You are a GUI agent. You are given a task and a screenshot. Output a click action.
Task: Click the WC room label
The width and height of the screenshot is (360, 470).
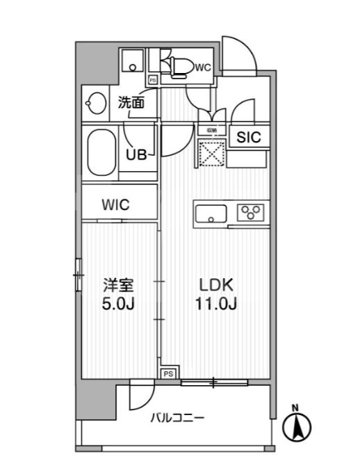click(x=203, y=67)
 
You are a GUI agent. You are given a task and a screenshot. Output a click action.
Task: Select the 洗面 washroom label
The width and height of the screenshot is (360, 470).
click(x=131, y=102)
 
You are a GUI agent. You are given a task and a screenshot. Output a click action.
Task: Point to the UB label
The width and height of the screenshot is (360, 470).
click(x=136, y=155)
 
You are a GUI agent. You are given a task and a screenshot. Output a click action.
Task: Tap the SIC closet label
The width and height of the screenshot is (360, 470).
click(x=248, y=138)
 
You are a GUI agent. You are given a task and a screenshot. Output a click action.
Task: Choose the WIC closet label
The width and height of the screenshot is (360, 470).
click(x=116, y=205)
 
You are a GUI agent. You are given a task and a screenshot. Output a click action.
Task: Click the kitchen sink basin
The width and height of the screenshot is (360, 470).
click(x=210, y=213)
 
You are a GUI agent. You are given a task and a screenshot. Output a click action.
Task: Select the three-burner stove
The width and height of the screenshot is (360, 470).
click(x=249, y=212)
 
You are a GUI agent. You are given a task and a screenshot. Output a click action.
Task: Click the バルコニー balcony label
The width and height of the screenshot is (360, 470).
click(x=177, y=418)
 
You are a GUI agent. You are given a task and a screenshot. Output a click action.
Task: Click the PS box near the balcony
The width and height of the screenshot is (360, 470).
click(x=167, y=374)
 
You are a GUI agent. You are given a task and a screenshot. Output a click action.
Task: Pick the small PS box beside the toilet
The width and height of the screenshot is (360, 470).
click(x=152, y=80)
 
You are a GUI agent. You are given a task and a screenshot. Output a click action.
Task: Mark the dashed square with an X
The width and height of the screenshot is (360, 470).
click(x=211, y=153)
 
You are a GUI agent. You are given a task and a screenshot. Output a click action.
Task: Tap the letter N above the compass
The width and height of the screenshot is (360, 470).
click(x=295, y=407)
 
